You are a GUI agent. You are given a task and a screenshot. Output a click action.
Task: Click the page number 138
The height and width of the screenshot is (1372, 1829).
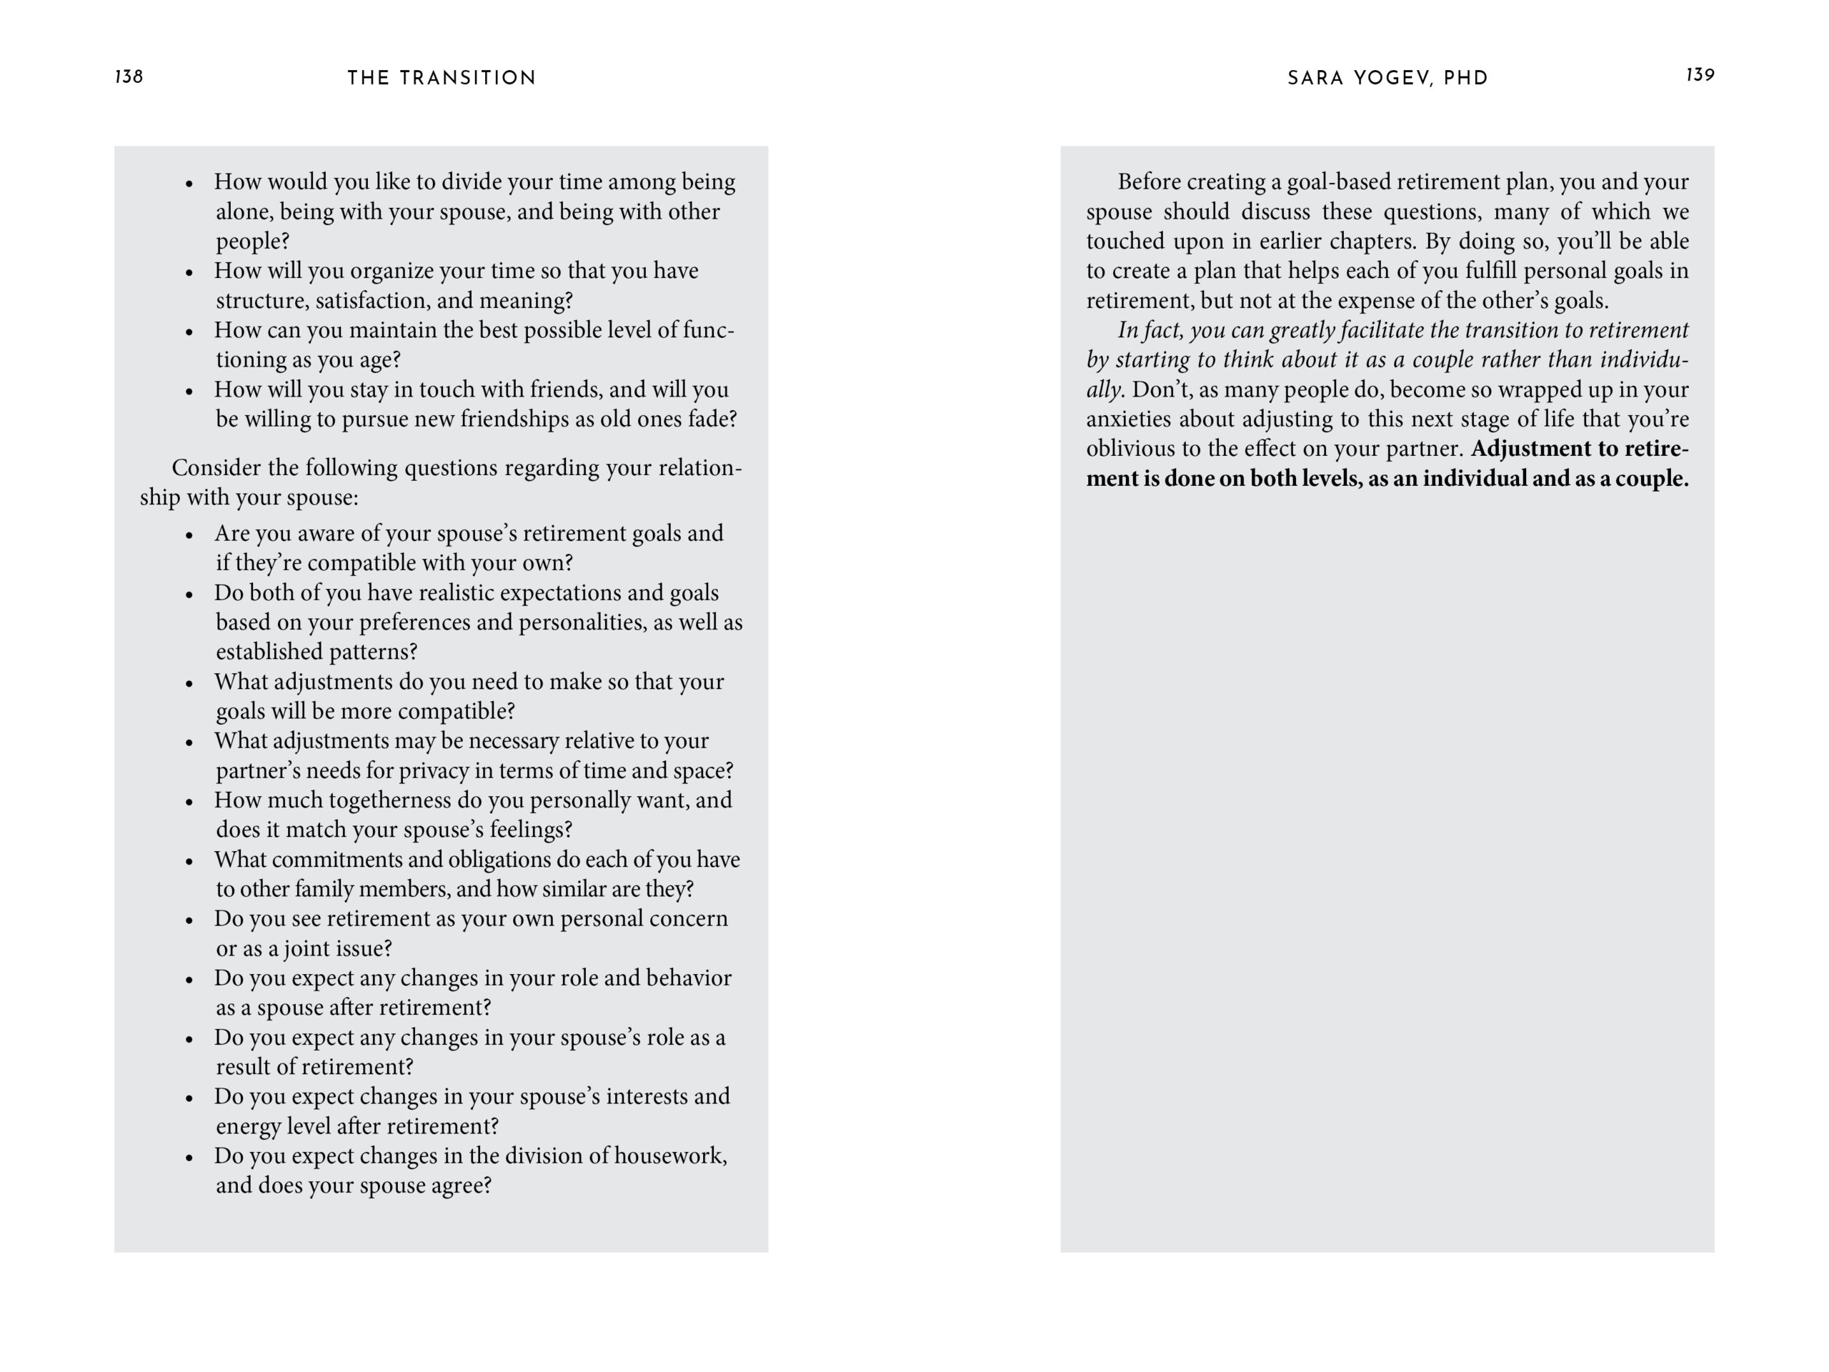(x=129, y=77)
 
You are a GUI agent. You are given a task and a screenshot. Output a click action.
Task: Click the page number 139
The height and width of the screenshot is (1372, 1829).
(x=1699, y=75)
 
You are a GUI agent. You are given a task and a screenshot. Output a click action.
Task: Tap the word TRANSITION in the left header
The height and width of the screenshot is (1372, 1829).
(x=468, y=79)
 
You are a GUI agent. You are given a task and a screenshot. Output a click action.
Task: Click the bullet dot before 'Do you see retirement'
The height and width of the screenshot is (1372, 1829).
(x=189, y=920)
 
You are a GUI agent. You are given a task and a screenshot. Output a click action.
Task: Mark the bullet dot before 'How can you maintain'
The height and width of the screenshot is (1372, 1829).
(x=189, y=332)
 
